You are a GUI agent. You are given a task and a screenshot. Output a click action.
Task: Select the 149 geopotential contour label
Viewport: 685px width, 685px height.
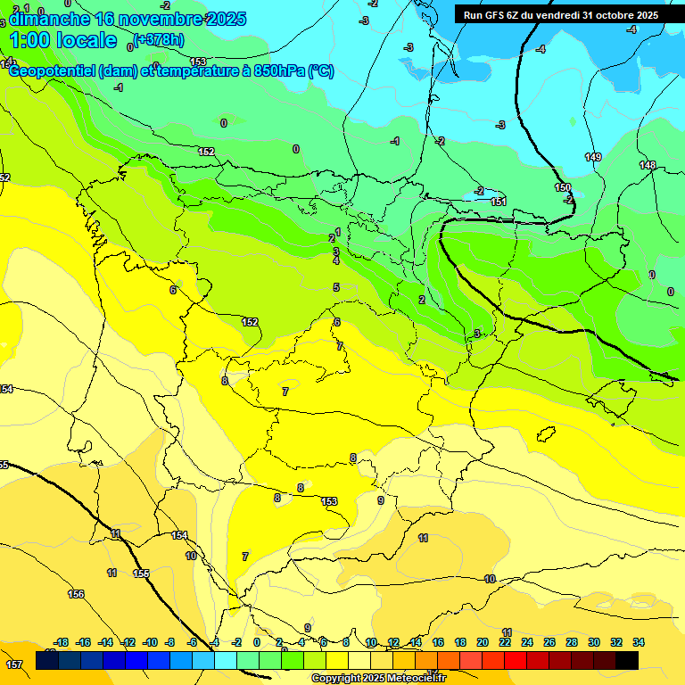click(x=593, y=157)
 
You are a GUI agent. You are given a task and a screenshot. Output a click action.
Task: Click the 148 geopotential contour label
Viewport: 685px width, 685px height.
click(x=648, y=165)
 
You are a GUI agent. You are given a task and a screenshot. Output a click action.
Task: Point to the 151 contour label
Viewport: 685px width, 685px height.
click(x=499, y=202)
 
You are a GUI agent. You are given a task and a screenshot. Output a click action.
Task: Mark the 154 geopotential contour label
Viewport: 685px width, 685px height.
click(x=179, y=535)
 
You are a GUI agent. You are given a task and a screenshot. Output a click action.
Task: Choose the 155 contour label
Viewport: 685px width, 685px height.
click(x=141, y=574)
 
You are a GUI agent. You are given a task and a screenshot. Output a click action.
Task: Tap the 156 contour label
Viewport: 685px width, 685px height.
click(x=76, y=594)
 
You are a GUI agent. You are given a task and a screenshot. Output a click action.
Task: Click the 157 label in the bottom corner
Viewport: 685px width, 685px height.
click(x=13, y=664)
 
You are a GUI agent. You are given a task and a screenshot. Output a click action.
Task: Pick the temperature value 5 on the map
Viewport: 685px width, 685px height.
click(x=336, y=287)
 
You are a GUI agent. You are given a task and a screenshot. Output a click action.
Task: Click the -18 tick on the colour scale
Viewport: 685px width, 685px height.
click(x=61, y=642)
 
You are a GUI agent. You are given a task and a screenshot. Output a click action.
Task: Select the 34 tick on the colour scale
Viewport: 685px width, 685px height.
click(x=639, y=642)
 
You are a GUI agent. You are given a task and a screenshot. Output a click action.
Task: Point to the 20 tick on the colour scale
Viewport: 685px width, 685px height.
click(x=483, y=642)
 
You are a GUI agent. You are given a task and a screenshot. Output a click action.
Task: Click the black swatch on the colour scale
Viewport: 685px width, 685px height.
click(x=627, y=660)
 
